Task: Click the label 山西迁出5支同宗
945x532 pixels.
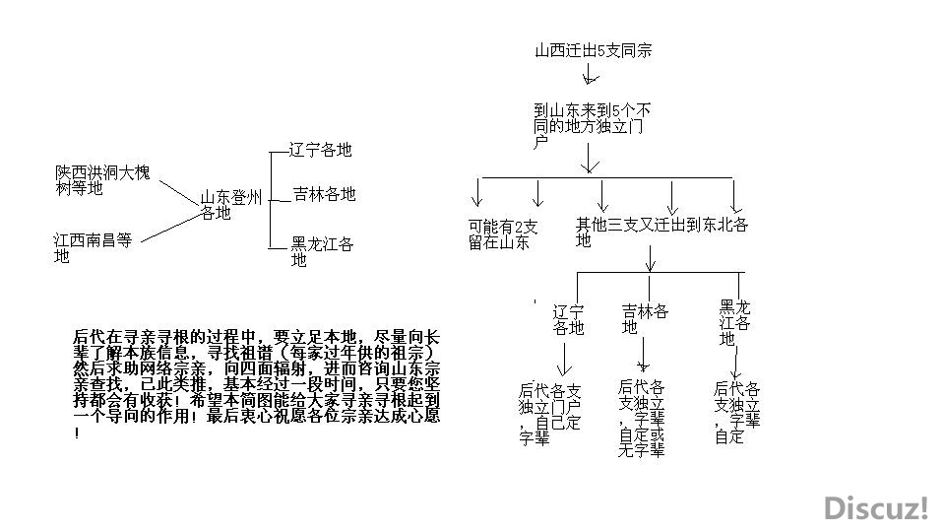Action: click(x=594, y=50)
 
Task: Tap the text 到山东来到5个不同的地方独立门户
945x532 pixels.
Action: click(x=592, y=126)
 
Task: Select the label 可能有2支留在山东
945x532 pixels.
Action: click(x=503, y=234)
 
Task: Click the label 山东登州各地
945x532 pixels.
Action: click(x=230, y=205)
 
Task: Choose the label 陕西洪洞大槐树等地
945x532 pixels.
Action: click(x=102, y=180)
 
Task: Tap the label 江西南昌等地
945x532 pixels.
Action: click(x=93, y=248)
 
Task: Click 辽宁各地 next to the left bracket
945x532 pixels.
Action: click(x=320, y=150)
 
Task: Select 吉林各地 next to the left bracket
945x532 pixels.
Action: click(x=324, y=194)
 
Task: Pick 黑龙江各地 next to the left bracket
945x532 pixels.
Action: click(x=323, y=251)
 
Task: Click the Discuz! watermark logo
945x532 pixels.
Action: click(x=877, y=508)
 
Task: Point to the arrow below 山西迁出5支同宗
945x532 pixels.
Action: click(x=590, y=73)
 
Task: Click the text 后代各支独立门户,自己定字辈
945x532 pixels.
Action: click(x=549, y=415)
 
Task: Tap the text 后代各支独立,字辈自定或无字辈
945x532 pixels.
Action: click(x=642, y=418)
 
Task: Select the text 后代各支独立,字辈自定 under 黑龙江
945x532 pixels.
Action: click(x=737, y=413)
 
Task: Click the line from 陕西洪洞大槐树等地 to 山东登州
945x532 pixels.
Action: click(x=178, y=193)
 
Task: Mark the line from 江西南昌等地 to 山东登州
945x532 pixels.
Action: click(x=170, y=227)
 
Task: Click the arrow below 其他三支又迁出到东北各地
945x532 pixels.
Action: click(x=650, y=258)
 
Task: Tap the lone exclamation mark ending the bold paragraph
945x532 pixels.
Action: click(x=77, y=433)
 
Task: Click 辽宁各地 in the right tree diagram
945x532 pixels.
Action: click(x=568, y=319)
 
